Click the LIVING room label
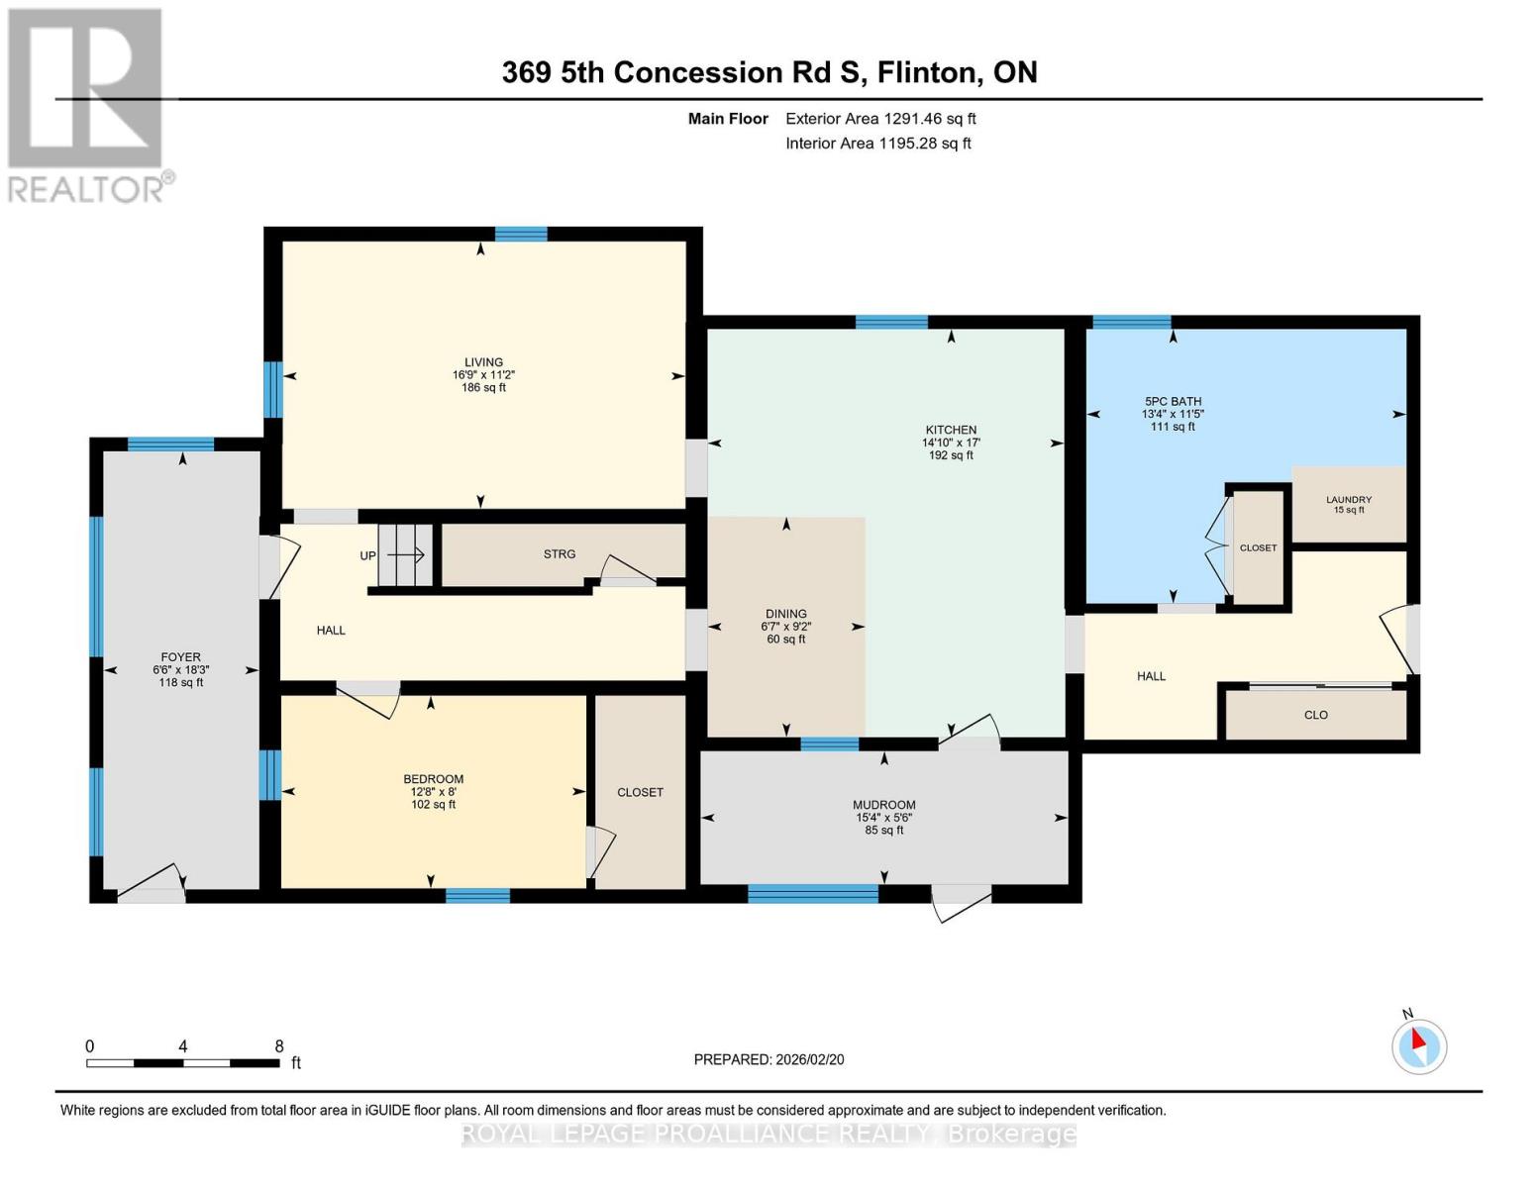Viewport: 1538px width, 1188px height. pyautogui.click(x=484, y=362)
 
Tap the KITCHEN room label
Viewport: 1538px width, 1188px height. pyautogui.click(x=951, y=430)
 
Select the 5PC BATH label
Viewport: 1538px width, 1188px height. pyautogui.click(x=1173, y=401)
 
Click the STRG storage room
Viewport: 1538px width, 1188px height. pyautogui.click(x=560, y=554)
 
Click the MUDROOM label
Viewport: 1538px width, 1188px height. pyautogui.click(x=884, y=805)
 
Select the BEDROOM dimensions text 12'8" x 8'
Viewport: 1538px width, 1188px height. pyautogui.click(x=433, y=792)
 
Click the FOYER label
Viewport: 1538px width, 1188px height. pyautogui.click(x=181, y=656)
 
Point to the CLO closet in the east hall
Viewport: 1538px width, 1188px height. pyautogui.click(x=1315, y=715)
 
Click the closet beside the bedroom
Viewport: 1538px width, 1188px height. pyautogui.click(x=640, y=792)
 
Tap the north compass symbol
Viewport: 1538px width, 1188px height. pyautogui.click(x=1419, y=1045)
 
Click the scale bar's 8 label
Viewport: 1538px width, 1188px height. pyautogui.click(x=279, y=1046)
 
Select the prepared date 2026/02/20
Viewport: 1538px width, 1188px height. pyautogui.click(x=809, y=1059)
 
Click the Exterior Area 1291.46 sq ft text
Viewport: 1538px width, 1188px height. pyautogui.click(x=880, y=119)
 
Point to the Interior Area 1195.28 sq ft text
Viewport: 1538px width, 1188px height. pyautogui.click(x=877, y=144)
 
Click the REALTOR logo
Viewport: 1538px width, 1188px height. pyautogui.click(x=87, y=104)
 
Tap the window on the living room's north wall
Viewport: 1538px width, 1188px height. pyautogui.click(x=521, y=235)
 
